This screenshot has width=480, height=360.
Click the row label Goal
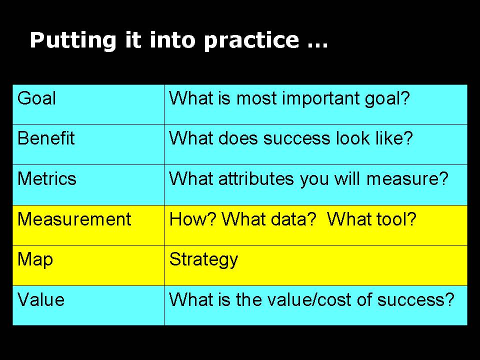click(x=36, y=98)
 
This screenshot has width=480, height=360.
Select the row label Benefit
click(x=46, y=138)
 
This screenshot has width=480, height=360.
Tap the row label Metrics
click(x=47, y=179)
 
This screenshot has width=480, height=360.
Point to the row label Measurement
click(x=74, y=219)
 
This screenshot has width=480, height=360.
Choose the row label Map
click(x=35, y=260)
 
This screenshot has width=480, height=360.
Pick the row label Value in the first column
click(x=41, y=300)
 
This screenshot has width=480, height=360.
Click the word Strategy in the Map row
click(x=203, y=260)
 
